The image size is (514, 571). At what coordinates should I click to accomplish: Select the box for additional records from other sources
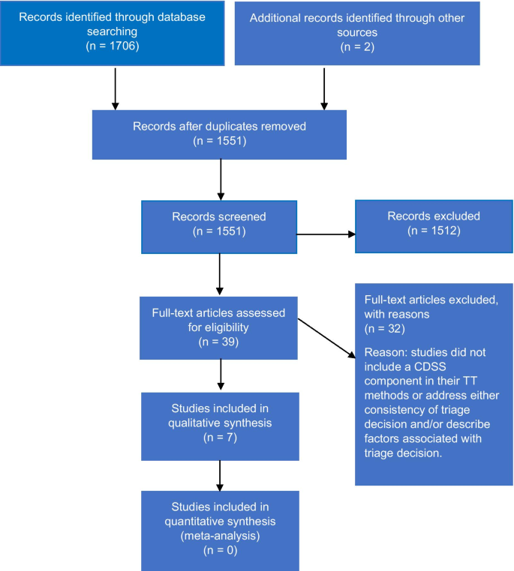tap(356, 33)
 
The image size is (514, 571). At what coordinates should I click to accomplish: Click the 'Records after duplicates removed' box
tap(219, 133)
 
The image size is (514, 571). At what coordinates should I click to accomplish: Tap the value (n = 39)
tap(219, 341)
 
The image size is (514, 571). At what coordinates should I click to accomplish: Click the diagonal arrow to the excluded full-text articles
tap(326, 339)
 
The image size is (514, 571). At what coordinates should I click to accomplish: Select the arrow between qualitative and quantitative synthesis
tap(219, 474)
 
